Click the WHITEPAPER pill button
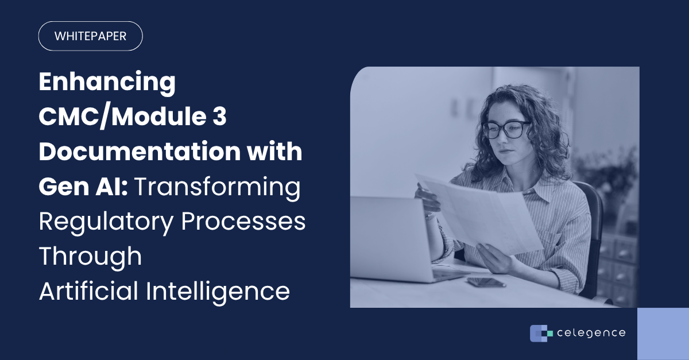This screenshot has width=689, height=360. click(x=90, y=36)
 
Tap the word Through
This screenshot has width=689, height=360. click(x=90, y=256)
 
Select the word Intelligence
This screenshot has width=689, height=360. click(x=218, y=291)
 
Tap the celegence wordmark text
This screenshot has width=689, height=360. click(x=591, y=333)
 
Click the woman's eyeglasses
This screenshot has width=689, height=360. click(x=506, y=130)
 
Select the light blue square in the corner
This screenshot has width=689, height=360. click(x=663, y=334)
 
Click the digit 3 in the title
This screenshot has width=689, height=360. click(x=219, y=117)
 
